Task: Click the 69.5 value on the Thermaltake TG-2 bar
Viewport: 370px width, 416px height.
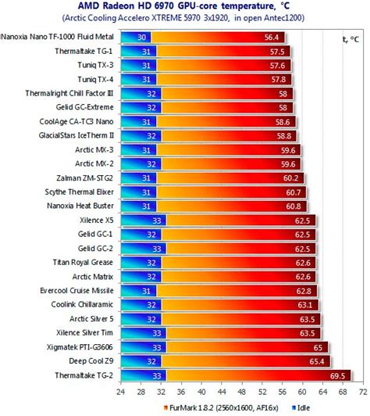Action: [337, 376]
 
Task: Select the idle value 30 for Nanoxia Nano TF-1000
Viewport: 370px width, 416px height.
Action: [141, 38]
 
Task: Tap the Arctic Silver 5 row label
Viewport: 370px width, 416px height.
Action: [91, 318]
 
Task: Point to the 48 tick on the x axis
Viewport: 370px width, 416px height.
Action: [242, 392]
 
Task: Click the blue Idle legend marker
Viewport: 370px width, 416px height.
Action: [294, 407]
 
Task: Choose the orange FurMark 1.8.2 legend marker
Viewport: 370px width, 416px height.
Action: [165, 407]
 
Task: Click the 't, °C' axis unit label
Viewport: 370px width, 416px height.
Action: [351, 39]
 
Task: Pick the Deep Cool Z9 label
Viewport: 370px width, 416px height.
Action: [91, 361]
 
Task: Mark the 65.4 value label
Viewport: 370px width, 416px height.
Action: [317, 361]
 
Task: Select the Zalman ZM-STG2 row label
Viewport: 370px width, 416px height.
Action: [85, 178]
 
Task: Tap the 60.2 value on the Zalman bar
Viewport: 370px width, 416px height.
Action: [291, 178]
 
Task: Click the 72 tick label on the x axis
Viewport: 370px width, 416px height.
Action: [363, 392]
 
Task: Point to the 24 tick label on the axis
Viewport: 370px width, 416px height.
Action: [121, 392]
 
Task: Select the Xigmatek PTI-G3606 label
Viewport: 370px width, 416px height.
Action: [80, 347]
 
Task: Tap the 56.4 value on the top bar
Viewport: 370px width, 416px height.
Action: [272, 38]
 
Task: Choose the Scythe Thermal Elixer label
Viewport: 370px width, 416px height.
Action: [79, 192]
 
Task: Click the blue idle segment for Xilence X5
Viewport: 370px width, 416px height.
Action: [144, 221]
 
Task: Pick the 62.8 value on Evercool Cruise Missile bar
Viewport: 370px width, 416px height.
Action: [304, 291]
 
